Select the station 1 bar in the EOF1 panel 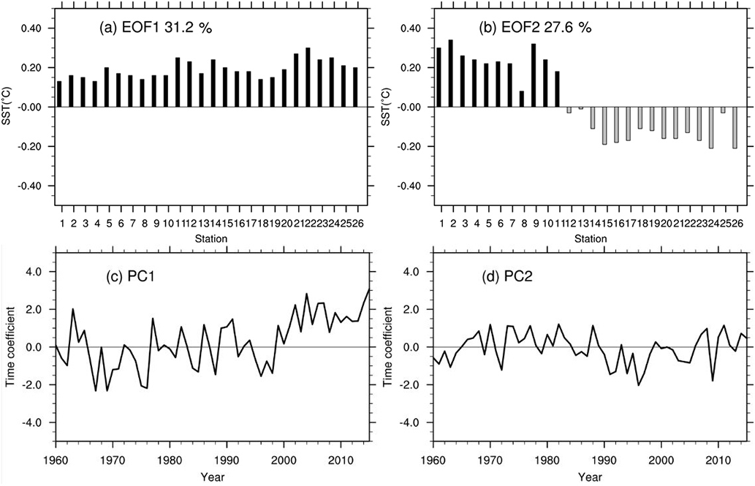coord(60,94)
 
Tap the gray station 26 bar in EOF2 coord(735,128)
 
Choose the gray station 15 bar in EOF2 coord(605,126)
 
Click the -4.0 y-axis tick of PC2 coord(415,423)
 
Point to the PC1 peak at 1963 coord(73,309)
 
